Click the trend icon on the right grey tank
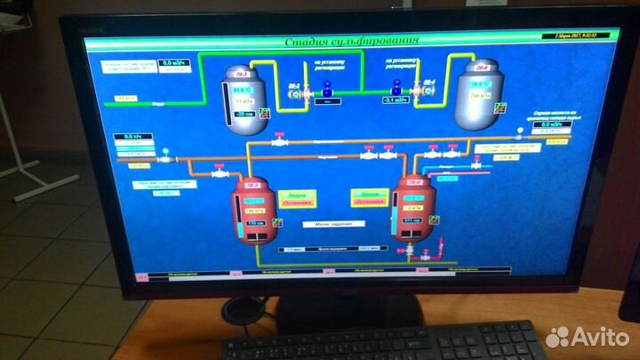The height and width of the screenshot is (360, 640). [500, 108]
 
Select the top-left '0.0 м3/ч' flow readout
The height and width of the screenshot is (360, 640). [170, 63]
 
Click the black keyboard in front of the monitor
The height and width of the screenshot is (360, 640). [382, 341]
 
